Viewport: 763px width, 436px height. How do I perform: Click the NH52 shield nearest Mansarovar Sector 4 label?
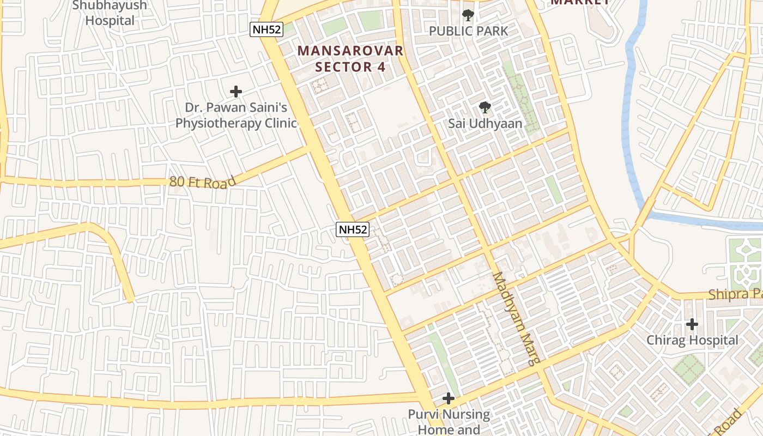(x=267, y=29)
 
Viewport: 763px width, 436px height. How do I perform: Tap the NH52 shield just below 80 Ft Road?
(x=353, y=229)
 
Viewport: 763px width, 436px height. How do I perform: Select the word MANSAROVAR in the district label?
(x=350, y=51)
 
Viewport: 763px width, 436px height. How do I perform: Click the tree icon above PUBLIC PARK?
(x=468, y=15)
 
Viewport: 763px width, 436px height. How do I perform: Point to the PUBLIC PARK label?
(x=468, y=31)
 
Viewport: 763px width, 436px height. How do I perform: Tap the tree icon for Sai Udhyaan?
(x=485, y=107)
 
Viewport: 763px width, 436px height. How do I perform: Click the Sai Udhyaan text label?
(x=485, y=124)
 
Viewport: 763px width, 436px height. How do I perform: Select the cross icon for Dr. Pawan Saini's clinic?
(x=236, y=92)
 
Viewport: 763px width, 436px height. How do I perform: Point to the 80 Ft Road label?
(x=202, y=182)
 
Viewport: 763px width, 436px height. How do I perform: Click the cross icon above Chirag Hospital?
(x=692, y=324)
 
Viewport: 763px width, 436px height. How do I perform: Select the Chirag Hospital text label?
(x=692, y=341)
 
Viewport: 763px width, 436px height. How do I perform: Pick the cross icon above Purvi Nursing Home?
(x=449, y=399)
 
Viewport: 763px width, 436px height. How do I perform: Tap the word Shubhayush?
(x=110, y=5)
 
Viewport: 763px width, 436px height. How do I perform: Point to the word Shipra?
(x=728, y=295)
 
